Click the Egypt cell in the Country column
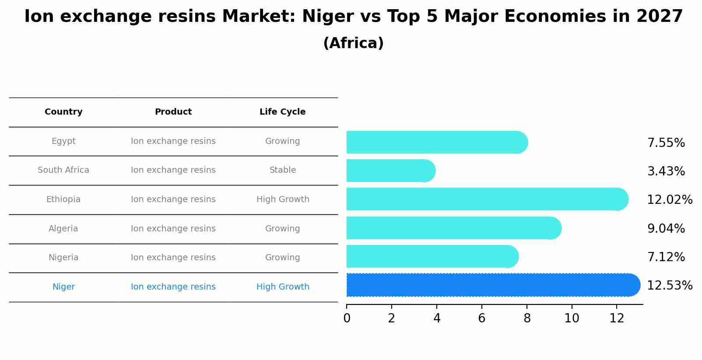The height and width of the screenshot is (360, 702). [63, 141]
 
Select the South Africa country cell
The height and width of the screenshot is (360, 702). [63, 170]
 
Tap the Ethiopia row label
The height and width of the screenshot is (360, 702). [63, 199]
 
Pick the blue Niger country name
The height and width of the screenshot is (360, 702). [63, 287]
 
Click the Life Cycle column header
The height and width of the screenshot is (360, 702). [282, 112]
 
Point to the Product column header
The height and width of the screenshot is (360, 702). [173, 112]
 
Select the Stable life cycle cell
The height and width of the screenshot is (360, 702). [283, 170]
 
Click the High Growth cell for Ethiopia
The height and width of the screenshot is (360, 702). [283, 199]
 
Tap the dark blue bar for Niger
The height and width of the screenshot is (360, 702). [490, 285]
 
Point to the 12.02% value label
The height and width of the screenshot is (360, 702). [669, 200]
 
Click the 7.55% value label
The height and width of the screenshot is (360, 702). [666, 143]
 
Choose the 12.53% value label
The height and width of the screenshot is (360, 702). [669, 286]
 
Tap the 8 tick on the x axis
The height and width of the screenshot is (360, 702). [527, 318]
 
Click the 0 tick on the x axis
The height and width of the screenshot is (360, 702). [347, 318]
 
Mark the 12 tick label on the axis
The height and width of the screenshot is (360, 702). [617, 318]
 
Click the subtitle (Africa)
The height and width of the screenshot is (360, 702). [353, 43]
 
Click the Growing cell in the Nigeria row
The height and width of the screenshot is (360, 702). [282, 258]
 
